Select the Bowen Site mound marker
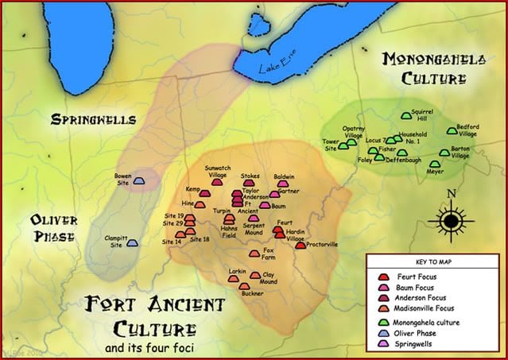139,181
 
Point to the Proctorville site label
323,245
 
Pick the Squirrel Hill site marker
406,116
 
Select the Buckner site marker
245,285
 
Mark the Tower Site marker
343,146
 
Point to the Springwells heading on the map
93,121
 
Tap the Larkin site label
237,272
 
